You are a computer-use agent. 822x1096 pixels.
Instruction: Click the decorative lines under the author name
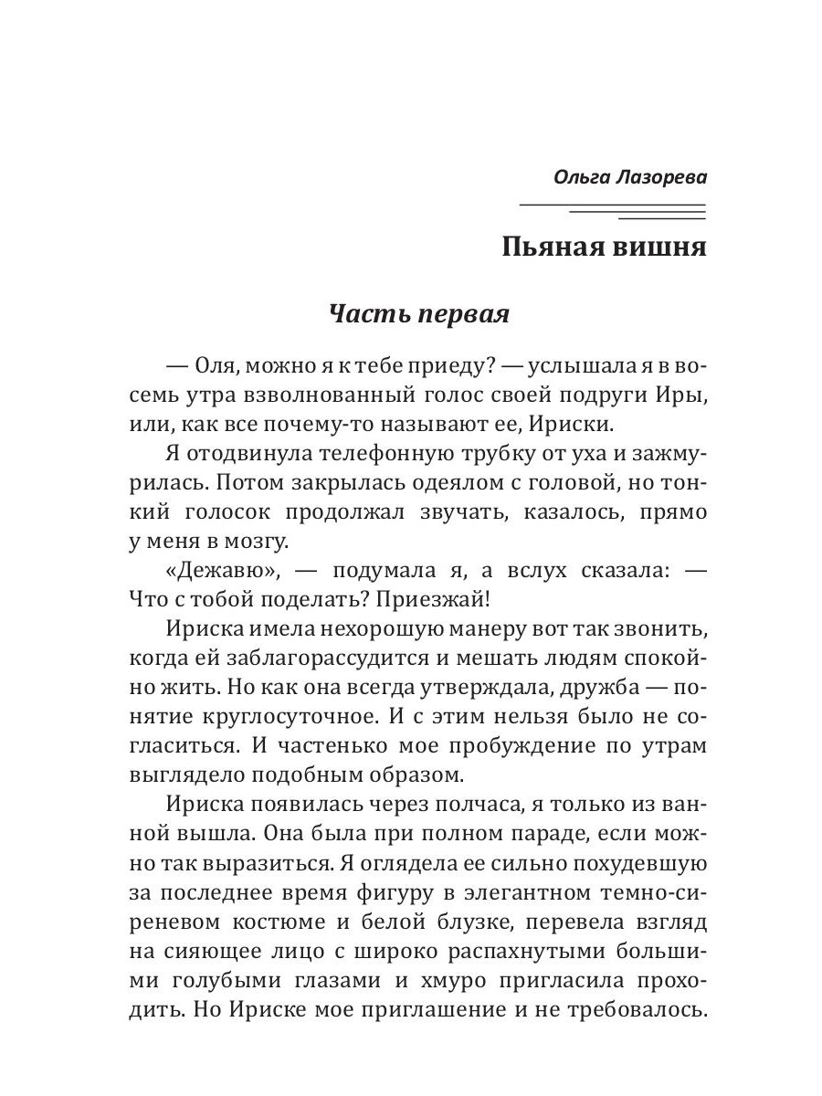coord(613,211)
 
